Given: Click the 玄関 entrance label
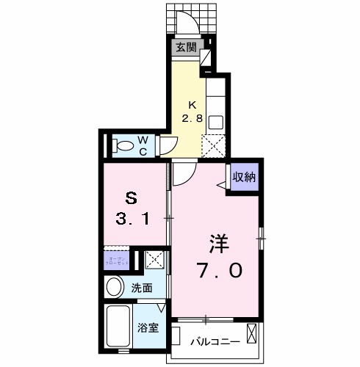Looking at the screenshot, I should point(186,48).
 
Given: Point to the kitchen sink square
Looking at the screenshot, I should point(217,122).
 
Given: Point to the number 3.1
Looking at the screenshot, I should point(133,218).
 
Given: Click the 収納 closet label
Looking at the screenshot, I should point(244,177).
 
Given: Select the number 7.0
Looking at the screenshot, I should point(218,269).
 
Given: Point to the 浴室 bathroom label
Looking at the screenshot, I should point(147,327).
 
